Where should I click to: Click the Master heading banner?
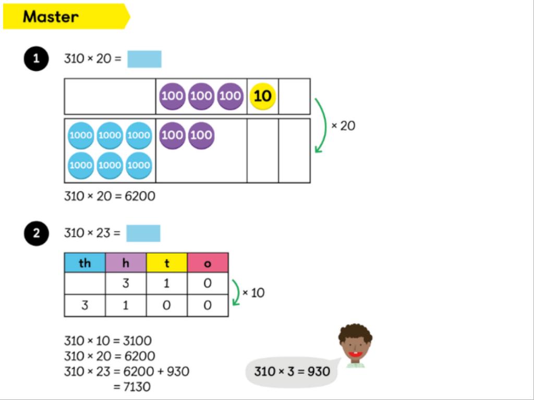[x=65, y=17]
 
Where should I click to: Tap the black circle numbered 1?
[x=36, y=59]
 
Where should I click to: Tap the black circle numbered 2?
[x=36, y=233]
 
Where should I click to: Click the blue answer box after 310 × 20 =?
[x=144, y=59]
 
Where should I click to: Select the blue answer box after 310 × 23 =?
[x=143, y=233]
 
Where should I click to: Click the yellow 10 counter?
[x=262, y=96]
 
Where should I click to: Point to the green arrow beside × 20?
[x=321, y=126]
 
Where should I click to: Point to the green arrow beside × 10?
[x=236, y=293]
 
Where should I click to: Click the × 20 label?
[x=344, y=126]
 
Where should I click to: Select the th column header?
[x=84, y=263]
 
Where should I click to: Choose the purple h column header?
[x=126, y=263]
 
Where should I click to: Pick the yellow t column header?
[x=167, y=263]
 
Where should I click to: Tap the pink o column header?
[x=208, y=263]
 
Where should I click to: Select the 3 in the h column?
[x=126, y=284]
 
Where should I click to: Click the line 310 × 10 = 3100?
[x=108, y=341]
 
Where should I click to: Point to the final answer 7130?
[x=135, y=387]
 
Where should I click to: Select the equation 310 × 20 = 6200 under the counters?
[x=110, y=196]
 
